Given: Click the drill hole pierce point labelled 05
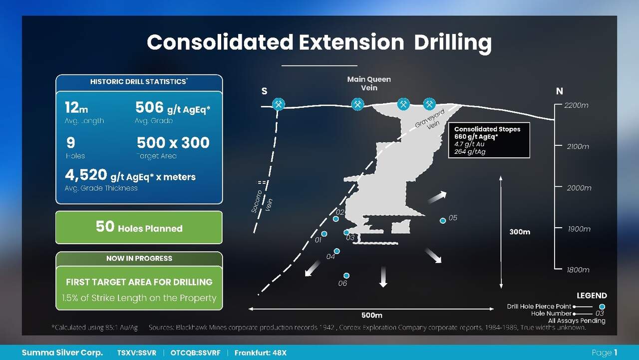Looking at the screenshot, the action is pyautogui.click(x=443, y=221).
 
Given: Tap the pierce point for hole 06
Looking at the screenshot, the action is pyautogui.click(x=346, y=276).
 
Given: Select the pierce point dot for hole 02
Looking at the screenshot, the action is pyautogui.click(x=336, y=219).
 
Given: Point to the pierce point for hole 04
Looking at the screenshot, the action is pyautogui.click(x=336, y=251).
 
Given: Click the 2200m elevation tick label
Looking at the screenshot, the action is pyautogui.click(x=576, y=105).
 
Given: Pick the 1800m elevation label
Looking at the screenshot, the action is pyautogui.click(x=578, y=270).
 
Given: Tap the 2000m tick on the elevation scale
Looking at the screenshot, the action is pyautogui.click(x=558, y=187).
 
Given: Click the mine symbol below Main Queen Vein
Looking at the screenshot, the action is pyautogui.click(x=357, y=104).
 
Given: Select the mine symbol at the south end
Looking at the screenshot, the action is pyautogui.click(x=279, y=104).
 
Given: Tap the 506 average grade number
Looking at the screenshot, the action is pyautogui.click(x=149, y=107).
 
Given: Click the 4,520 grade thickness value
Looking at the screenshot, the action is pyautogui.click(x=86, y=175).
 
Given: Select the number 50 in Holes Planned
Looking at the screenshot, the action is pyautogui.click(x=105, y=227).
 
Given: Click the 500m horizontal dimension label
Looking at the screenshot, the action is pyautogui.click(x=372, y=315).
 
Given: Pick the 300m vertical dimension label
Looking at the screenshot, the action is pyautogui.click(x=520, y=232).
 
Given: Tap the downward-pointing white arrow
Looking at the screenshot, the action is pyautogui.click(x=383, y=277).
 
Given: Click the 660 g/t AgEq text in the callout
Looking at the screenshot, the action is pyautogui.click(x=476, y=137).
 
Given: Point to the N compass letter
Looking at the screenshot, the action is pyautogui.click(x=560, y=91).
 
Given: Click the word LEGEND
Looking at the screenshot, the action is pyautogui.click(x=592, y=296).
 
